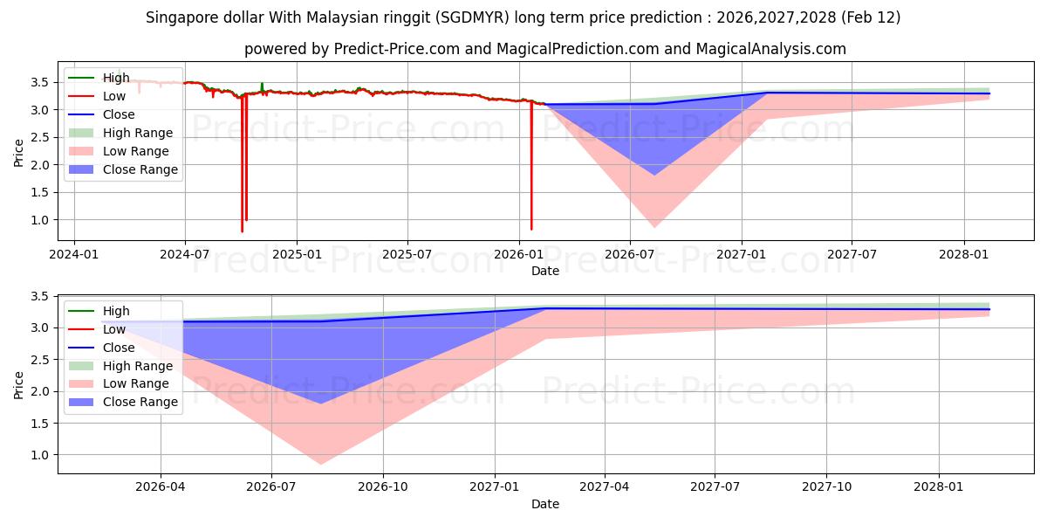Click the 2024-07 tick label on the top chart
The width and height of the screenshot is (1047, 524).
(185, 254)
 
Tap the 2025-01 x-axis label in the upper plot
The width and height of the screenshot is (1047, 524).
(297, 254)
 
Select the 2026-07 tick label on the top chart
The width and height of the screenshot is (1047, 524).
(630, 254)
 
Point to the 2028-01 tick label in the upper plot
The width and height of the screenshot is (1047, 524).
(964, 254)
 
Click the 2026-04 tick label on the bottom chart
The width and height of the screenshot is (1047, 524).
(161, 487)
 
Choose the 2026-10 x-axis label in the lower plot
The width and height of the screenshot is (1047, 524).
(383, 487)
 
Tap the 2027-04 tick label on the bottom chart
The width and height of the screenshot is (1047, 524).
(605, 487)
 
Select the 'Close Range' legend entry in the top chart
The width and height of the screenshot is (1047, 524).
(140, 169)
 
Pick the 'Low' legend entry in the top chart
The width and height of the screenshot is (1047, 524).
(114, 96)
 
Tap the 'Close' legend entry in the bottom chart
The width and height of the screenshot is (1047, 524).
(119, 348)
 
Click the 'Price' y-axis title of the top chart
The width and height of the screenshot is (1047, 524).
(19, 152)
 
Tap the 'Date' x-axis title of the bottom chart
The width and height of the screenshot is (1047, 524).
(545, 504)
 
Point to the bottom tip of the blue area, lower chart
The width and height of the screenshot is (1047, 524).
(321, 403)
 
